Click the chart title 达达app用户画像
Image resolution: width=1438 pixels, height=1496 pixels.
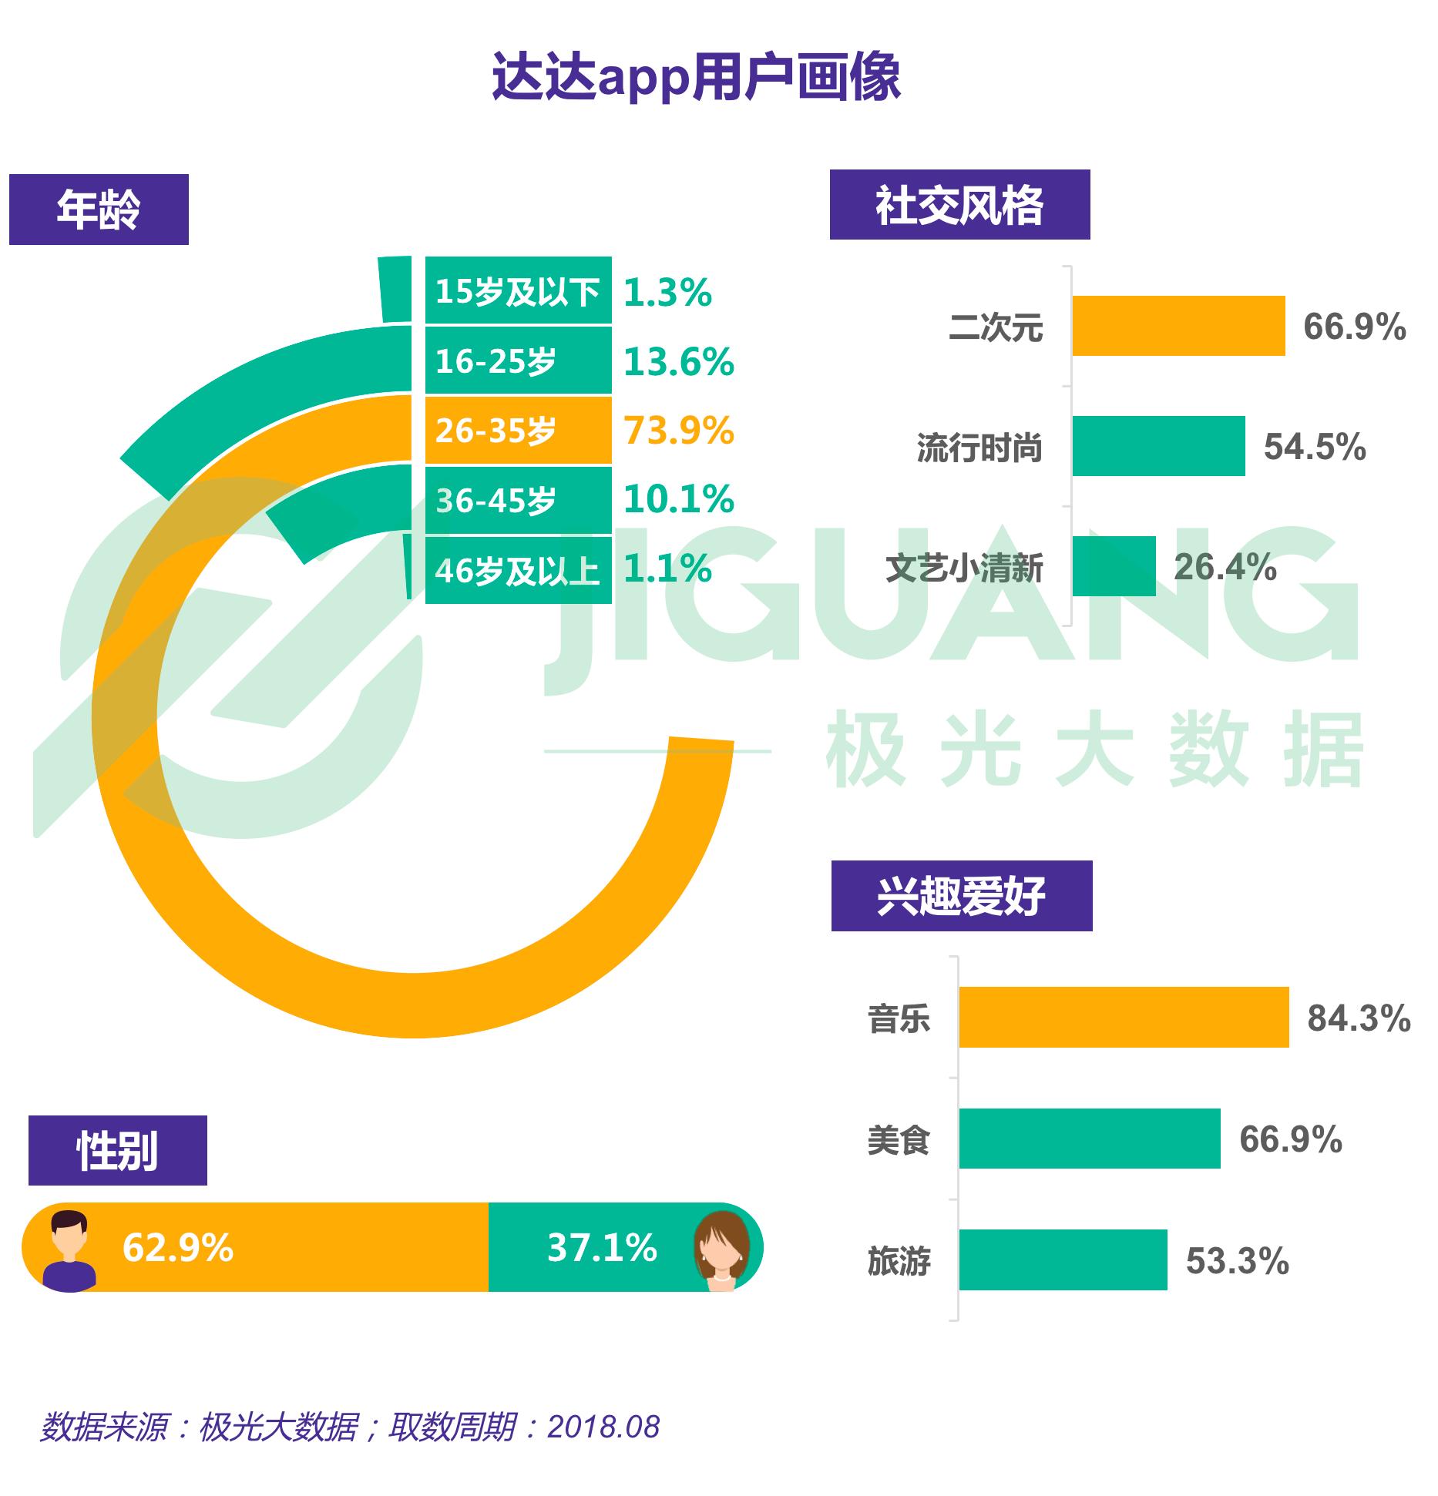point(696,77)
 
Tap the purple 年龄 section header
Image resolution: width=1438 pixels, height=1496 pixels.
point(99,210)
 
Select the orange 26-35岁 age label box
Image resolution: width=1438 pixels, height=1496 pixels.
point(518,431)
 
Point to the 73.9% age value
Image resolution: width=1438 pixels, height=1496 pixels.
point(678,431)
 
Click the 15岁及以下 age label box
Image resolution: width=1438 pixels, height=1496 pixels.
point(518,291)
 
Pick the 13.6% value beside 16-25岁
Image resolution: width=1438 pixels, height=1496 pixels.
point(678,362)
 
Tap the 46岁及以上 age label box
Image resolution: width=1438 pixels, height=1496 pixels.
point(518,571)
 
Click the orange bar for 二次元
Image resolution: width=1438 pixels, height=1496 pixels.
point(1178,326)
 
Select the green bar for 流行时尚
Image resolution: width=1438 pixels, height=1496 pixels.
point(1158,446)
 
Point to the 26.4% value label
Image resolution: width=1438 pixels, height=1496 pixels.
point(1225,567)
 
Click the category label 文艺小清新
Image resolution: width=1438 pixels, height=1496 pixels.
point(964,569)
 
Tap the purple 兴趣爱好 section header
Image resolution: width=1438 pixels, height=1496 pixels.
point(961,896)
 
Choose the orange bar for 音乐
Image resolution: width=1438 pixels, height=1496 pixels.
point(1124,1018)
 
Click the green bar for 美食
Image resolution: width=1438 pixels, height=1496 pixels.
point(1090,1139)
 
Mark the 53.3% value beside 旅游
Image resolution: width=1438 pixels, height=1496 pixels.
point(1237,1260)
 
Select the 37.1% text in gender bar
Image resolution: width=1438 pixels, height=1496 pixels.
point(602,1248)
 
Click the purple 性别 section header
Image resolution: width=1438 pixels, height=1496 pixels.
point(117,1151)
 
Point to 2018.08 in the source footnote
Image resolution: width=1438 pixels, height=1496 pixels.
point(603,1427)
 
